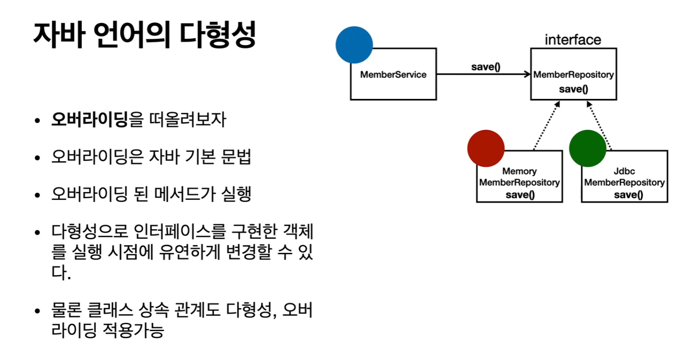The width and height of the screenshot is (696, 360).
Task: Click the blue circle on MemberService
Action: coord(354,45)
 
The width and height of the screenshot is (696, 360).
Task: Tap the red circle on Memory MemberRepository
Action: coord(486,148)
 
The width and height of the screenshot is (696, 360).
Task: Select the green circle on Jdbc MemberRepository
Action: coord(587,148)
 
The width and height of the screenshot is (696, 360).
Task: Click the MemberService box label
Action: coord(393,75)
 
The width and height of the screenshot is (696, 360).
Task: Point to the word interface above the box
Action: coord(573,40)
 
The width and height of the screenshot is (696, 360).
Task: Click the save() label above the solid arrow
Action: coord(485,67)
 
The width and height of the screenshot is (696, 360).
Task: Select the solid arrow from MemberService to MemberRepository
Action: coord(483,74)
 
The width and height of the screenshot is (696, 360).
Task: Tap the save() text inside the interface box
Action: coord(573,89)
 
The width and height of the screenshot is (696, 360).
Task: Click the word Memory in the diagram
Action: coord(519,171)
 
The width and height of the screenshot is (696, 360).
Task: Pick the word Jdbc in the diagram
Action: coord(624,171)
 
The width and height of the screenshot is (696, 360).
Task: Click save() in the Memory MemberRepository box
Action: coord(520,195)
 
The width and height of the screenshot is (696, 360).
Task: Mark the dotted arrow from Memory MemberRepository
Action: coord(546,126)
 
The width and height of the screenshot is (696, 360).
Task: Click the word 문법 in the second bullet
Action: coord(236,157)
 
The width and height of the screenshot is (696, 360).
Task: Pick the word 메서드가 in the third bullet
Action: coord(183,194)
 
